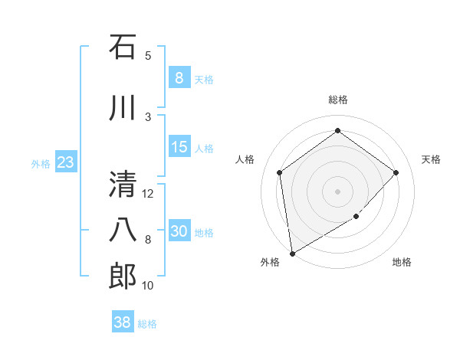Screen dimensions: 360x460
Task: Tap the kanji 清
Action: (123, 184)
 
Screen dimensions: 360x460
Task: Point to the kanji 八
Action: (123, 230)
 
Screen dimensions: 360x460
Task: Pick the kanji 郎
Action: (123, 277)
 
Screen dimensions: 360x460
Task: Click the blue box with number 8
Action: (179, 78)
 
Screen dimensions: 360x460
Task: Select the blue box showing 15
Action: (179, 148)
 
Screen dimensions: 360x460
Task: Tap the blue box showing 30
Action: (179, 232)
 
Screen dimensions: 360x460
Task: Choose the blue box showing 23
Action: (65, 163)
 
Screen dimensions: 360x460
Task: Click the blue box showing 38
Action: (123, 322)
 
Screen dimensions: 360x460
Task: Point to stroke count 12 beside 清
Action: (148, 194)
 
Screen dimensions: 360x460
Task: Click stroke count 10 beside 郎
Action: (148, 286)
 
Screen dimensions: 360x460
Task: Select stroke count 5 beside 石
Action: (148, 55)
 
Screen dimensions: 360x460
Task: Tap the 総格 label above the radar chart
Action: (337, 100)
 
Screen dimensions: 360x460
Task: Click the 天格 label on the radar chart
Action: (431, 159)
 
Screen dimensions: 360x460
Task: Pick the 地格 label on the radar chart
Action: (402, 262)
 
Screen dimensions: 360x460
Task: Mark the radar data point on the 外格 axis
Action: (291, 253)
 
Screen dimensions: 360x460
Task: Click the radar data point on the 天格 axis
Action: (396, 172)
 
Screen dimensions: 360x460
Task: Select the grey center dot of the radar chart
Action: (337, 191)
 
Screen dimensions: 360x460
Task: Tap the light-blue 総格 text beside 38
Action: (147, 324)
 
